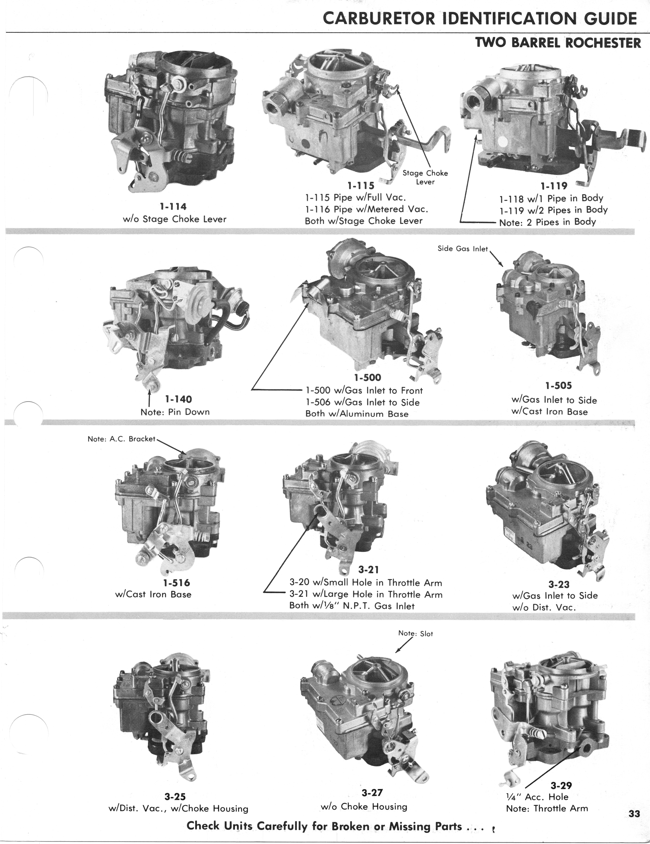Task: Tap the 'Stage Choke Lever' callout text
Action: (x=425, y=177)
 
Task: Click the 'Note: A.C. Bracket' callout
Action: (x=121, y=439)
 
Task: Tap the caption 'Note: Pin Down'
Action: (x=175, y=412)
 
